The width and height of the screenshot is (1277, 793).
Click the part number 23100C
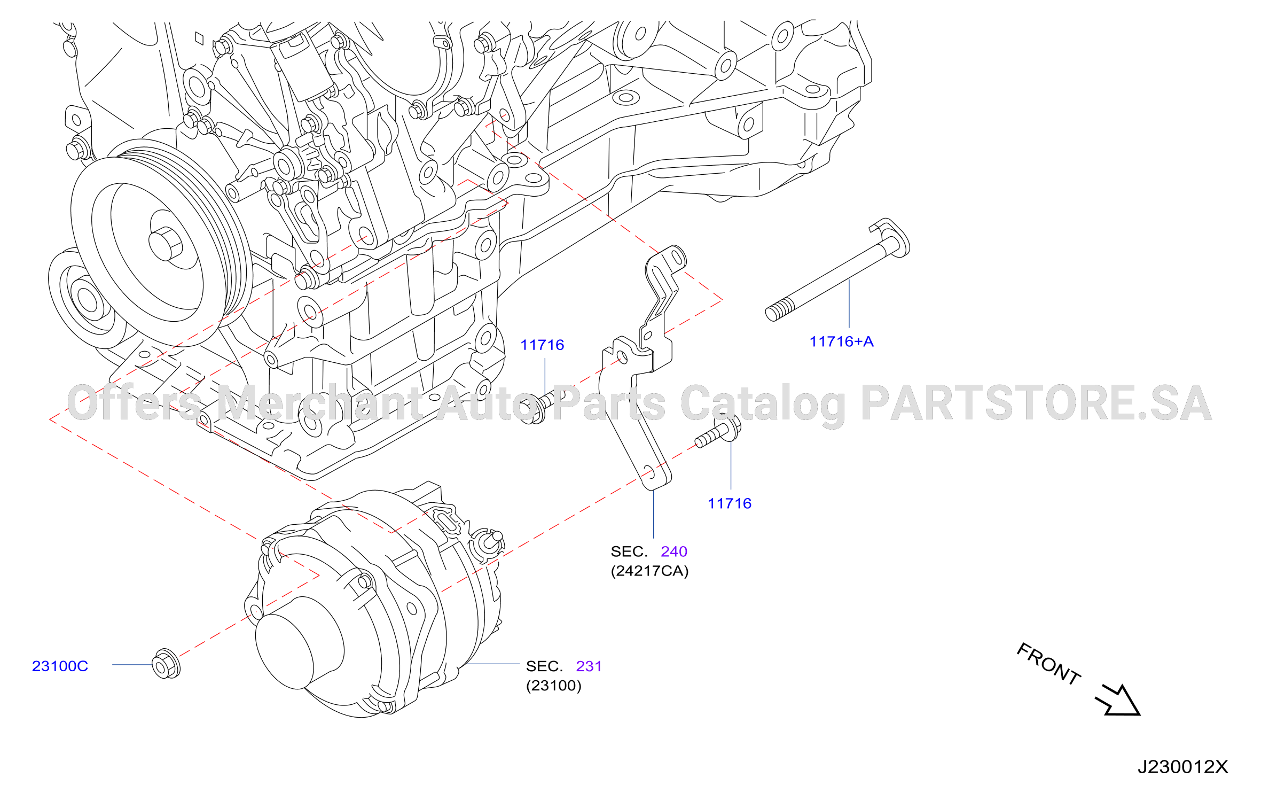pos(60,666)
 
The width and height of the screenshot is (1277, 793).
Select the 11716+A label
pos(842,341)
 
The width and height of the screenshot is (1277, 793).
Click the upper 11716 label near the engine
pos(542,345)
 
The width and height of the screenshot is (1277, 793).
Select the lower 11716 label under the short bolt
pos(730,503)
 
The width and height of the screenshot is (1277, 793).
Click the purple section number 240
pos(674,551)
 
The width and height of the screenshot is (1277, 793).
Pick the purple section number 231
pos(589,666)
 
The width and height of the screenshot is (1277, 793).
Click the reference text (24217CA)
pos(649,571)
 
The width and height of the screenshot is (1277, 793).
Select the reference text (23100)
pos(554,686)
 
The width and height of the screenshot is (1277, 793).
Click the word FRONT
pos(1048,664)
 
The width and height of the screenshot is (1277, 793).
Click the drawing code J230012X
pos(1182,767)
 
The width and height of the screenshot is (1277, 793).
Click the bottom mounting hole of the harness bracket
pos(649,472)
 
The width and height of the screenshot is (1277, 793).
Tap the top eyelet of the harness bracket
pos(677,258)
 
